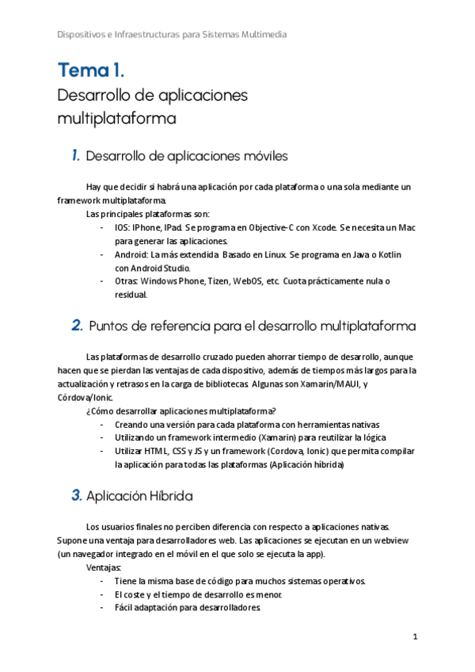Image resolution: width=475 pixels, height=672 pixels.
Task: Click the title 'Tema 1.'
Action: pyautogui.click(x=90, y=71)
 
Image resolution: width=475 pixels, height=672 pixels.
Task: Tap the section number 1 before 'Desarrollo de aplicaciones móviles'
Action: pyautogui.click(x=75, y=155)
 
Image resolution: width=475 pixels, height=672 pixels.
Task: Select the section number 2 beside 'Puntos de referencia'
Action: pyautogui.click(x=78, y=325)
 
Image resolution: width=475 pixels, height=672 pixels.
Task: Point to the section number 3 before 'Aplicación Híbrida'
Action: pyautogui.click(x=77, y=495)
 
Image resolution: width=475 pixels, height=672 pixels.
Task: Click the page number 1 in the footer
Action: pyautogui.click(x=415, y=636)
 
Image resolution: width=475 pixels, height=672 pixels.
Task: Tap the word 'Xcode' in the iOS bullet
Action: pyautogui.click(x=319, y=227)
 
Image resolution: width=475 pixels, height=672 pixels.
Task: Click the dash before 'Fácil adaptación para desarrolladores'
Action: pyautogui.click(x=102, y=608)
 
